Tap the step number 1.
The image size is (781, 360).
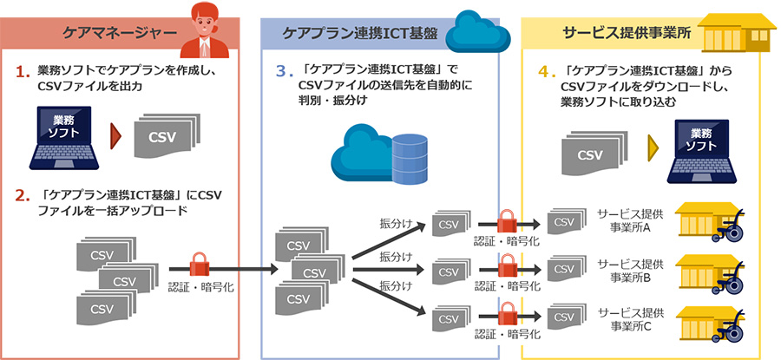[24, 68]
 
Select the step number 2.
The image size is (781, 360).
[23, 194]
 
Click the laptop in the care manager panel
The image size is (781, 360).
[67, 139]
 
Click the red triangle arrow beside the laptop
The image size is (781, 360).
[115, 136]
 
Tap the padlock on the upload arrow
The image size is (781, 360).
[200, 262]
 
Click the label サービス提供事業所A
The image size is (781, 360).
[630, 221]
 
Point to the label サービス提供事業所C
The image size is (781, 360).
[630, 318]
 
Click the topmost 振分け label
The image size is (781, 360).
[396, 222]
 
